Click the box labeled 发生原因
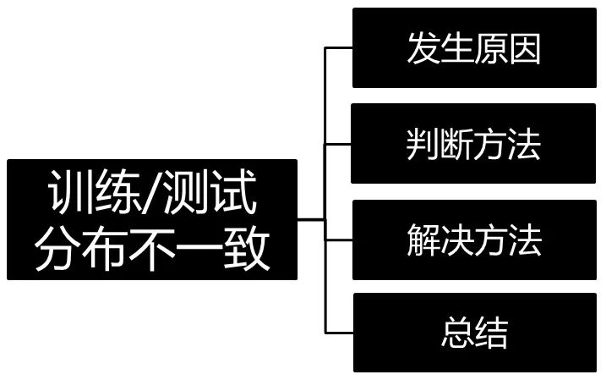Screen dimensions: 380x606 pyautogui.click(x=474, y=48)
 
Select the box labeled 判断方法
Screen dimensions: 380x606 pyautogui.click(x=474, y=144)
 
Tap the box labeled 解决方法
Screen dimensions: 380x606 pyautogui.click(x=474, y=240)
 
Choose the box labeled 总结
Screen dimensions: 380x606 pyautogui.click(x=474, y=333)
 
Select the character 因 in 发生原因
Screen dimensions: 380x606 pyautogui.click(x=524, y=49)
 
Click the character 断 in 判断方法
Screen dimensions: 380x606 pyautogui.click(x=457, y=145)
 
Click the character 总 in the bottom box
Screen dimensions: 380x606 pyautogui.click(x=457, y=333)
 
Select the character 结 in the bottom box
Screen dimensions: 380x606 pyautogui.click(x=491, y=333)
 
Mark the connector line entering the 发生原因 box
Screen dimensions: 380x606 pyautogui.click(x=338, y=48)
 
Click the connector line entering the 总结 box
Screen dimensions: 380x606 pyautogui.click(x=338, y=333)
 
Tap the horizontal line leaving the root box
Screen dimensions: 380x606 pyautogui.click(x=311, y=219)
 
